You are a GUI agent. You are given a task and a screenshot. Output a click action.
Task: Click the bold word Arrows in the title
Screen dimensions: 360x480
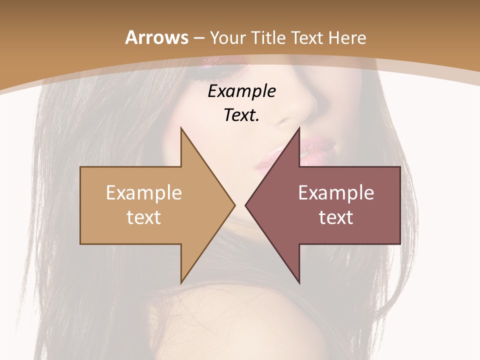point(156,37)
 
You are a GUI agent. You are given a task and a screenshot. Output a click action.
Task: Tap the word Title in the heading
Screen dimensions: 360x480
point(268,37)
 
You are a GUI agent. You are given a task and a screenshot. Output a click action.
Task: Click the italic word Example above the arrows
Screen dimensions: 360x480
point(241,91)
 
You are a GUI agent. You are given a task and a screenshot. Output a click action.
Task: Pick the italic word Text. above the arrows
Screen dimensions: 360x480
point(241,115)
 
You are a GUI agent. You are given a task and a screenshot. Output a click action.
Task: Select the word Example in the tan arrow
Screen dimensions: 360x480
point(144,193)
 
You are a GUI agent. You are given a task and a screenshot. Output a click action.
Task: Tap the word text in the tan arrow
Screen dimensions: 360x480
point(144,217)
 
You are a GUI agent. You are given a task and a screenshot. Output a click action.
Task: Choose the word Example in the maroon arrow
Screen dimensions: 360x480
point(336,193)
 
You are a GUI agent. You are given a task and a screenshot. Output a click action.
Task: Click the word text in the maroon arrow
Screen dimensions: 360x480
point(336,217)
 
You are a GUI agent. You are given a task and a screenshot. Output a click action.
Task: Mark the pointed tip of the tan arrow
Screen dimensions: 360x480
point(234,205)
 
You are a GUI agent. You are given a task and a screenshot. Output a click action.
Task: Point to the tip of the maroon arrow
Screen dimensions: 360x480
point(245,205)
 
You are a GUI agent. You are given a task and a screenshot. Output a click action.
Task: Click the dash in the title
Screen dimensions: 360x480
point(198,38)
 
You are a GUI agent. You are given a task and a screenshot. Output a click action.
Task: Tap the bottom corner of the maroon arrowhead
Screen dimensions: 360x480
point(299,283)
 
